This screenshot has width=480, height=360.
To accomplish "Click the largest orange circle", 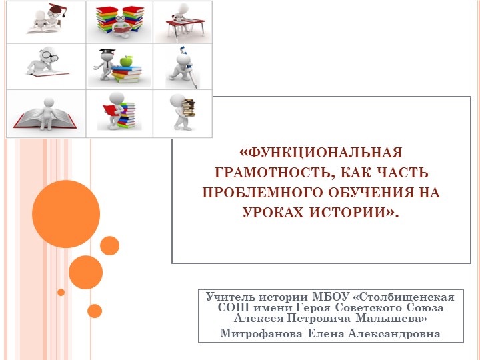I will point(65,214).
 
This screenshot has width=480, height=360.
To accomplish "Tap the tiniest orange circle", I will point(61,292).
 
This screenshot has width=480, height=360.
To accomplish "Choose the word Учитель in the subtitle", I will point(229,296).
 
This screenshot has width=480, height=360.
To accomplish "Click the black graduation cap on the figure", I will point(104,52).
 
